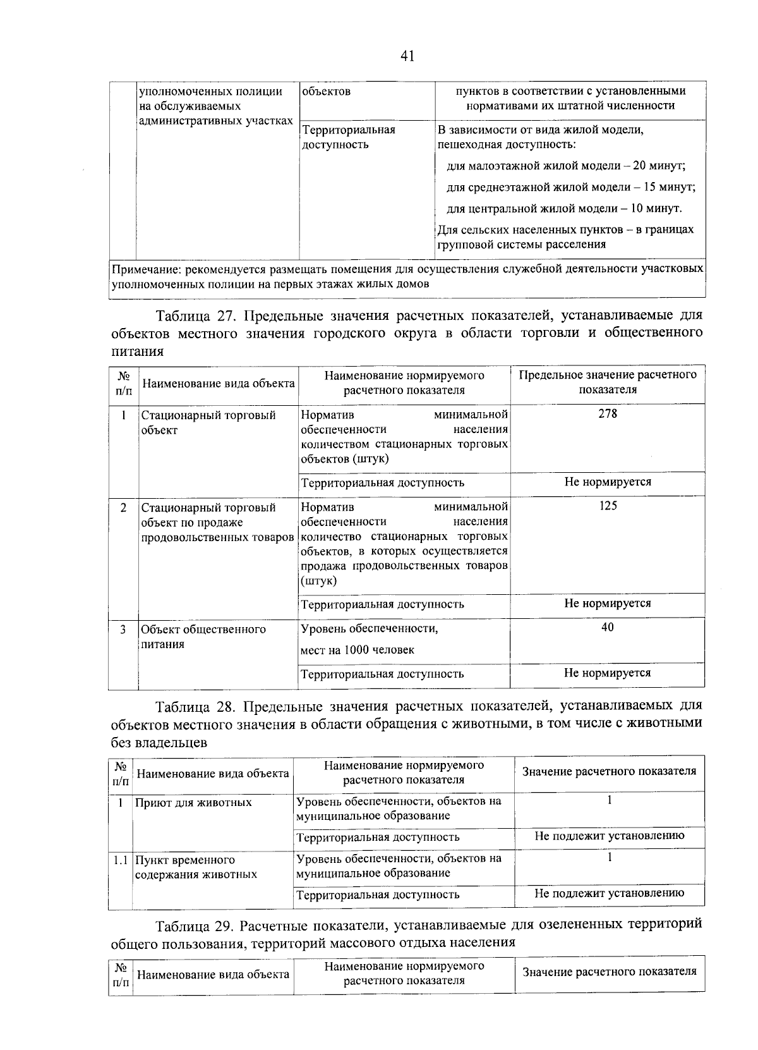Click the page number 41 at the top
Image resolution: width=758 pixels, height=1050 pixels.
click(407, 56)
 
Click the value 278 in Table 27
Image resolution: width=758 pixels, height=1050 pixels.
click(608, 414)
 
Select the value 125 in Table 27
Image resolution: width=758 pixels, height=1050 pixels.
click(608, 506)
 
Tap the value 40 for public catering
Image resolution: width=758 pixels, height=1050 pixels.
click(608, 627)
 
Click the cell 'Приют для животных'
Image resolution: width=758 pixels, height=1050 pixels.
click(193, 802)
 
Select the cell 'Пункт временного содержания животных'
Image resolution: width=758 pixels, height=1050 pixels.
click(196, 867)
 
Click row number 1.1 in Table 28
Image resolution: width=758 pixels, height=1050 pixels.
click(120, 860)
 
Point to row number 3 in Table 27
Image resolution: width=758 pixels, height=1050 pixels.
click(123, 629)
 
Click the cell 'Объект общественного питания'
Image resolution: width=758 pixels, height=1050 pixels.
click(203, 637)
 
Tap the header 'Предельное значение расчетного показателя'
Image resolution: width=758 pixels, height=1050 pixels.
click(608, 382)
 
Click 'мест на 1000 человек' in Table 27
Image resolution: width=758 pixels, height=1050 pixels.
click(358, 650)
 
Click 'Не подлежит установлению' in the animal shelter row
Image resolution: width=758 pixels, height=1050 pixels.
click(610, 836)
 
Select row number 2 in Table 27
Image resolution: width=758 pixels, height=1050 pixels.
click(123, 507)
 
